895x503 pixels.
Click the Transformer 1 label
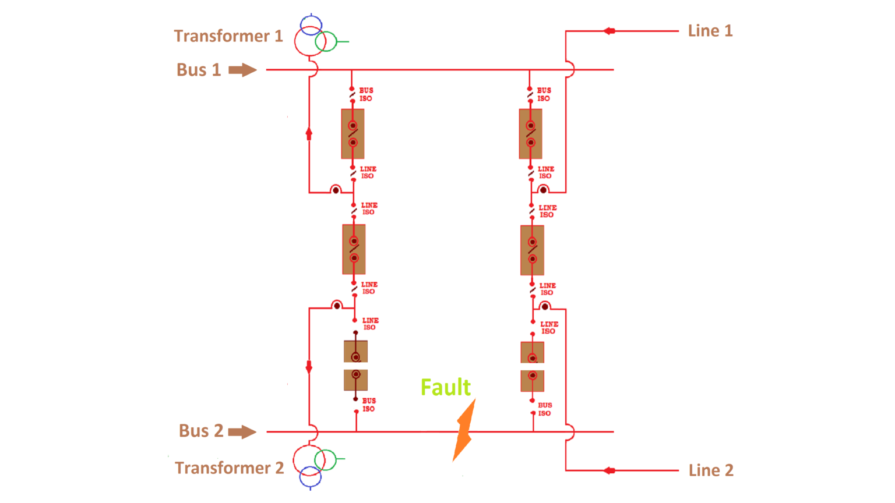[x=228, y=36]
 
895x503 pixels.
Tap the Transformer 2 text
[x=229, y=468]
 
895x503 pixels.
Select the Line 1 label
[x=710, y=31]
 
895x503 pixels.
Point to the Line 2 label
[x=710, y=470]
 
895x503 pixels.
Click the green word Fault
[x=445, y=388]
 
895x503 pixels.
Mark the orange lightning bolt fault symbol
[x=464, y=430]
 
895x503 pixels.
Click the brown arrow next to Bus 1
[x=242, y=70]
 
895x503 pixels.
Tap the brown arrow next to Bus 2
[x=242, y=432]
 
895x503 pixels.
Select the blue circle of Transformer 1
[x=311, y=25]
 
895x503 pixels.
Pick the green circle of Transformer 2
[x=326, y=459]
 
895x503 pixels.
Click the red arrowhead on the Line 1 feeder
[x=609, y=31]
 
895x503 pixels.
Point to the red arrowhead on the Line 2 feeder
[x=609, y=470]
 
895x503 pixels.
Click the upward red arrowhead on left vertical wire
[x=309, y=134]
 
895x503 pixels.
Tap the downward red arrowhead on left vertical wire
[x=309, y=367]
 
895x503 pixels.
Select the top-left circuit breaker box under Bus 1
[x=353, y=134]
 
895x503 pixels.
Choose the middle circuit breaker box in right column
[x=532, y=250]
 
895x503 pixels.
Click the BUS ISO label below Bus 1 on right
[x=544, y=94]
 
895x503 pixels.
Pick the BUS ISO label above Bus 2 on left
[x=369, y=405]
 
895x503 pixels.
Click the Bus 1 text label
[x=199, y=70]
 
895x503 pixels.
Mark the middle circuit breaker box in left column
[x=354, y=249]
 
